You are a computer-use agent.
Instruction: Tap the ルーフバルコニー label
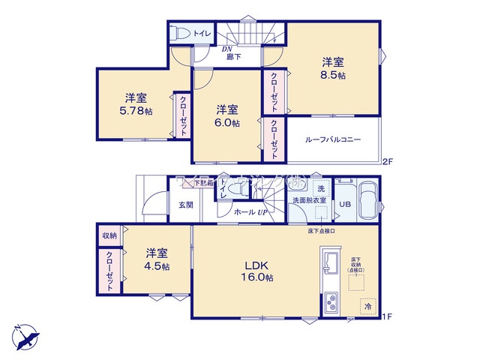(333, 139)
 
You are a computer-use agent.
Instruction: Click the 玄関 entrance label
(186, 204)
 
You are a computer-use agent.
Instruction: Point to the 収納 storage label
(109, 235)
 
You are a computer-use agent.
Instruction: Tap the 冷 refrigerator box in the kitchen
(367, 307)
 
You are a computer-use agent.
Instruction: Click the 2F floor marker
(387, 161)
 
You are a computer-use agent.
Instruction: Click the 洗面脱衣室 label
(309, 200)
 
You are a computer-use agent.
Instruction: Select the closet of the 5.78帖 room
(182, 117)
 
